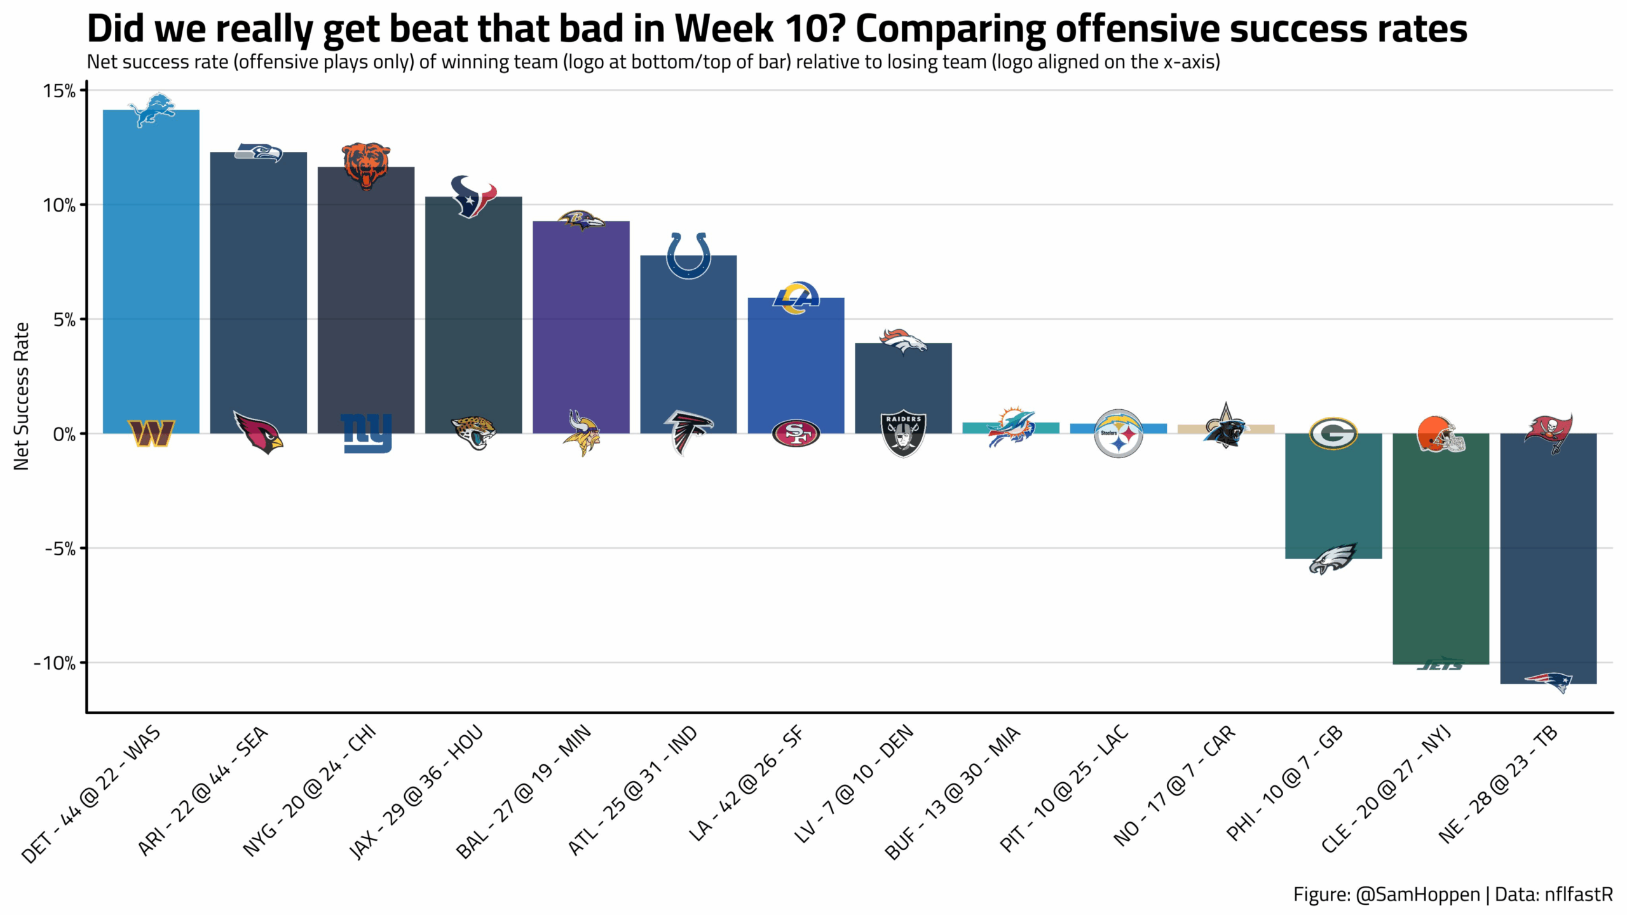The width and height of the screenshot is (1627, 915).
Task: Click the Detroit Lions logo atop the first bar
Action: coord(151,110)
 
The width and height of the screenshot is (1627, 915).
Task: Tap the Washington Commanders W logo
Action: coord(151,433)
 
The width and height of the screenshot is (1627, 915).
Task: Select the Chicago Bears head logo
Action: coord(366,166)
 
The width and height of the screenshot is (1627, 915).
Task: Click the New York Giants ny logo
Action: coord(366,433)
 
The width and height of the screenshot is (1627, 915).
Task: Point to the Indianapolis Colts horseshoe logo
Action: coord(688,255)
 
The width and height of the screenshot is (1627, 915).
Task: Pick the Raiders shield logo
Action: coord(903,434)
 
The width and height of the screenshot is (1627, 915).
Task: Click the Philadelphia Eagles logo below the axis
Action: coord(1333,559)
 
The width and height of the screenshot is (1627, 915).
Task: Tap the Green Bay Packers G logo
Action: coord(1333,433)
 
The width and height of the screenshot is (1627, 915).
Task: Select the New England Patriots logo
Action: coord(1548,682)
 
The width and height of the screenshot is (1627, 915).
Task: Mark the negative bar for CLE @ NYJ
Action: coord(1441,553)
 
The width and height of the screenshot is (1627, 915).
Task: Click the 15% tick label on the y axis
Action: coord(59,91)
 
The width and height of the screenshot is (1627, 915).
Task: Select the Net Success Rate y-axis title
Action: coord(22,396)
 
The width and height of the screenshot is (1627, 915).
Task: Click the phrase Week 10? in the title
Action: coord(760,29)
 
